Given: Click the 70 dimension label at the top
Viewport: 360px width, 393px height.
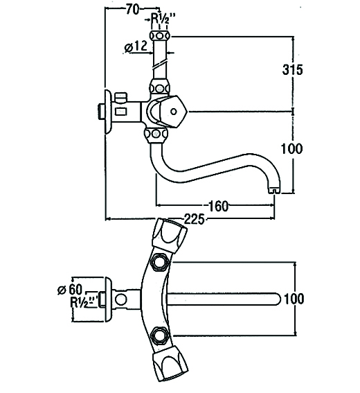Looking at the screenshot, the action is (132, 10).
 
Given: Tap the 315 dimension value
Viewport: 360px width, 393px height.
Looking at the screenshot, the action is (292, 69).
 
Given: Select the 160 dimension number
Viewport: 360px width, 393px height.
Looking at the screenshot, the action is (218, 206).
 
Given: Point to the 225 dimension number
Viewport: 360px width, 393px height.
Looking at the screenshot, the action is (195, 219).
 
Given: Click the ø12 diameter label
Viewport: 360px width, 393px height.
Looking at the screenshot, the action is (136, 47).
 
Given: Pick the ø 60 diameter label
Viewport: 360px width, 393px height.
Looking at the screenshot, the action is (70, 290).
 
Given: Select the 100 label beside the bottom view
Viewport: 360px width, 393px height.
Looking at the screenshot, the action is (294, 299).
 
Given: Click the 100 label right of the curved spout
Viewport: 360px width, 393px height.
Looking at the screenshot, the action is (291, 148).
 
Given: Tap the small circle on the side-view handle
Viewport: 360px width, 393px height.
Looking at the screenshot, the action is (174, 112).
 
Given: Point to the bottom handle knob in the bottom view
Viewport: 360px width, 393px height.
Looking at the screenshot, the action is (170, 363).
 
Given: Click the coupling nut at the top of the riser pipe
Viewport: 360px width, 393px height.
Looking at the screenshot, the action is (160, 36).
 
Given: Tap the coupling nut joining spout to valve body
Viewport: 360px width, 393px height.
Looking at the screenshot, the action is (156, 134).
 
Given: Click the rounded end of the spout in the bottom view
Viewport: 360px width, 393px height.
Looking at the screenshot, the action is (277, 299).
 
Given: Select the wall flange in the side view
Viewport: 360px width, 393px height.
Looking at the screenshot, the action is (108, 112).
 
